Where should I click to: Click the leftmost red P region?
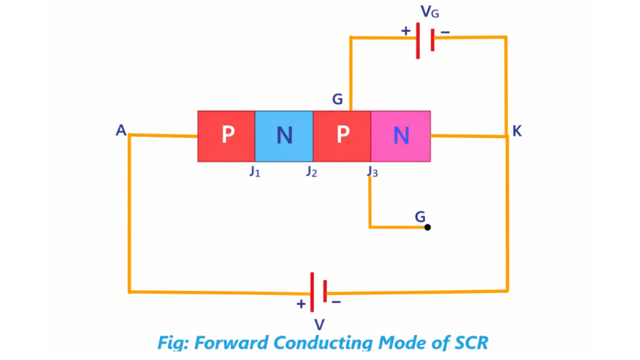tap(226, 136)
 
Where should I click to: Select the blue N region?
tap(284, 136)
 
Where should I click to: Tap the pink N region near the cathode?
tap(401, 136)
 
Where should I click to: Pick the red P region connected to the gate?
tap(342, 136)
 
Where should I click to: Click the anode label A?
tap(121, 130)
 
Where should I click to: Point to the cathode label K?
tap(517, 131)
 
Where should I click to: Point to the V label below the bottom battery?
tap(319, 324)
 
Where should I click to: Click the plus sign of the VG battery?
tap(406, 31)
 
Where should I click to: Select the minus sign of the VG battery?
tap(446, 31)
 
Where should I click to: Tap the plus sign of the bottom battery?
tap(301, 304)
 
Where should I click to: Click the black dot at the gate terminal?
tap(427, 227)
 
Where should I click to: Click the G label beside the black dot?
tap(421, 216)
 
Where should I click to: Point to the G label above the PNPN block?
tap(338, 99)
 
